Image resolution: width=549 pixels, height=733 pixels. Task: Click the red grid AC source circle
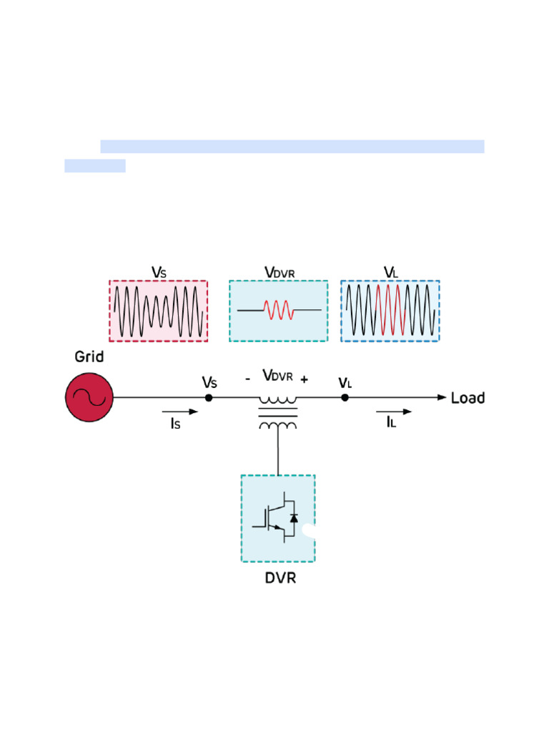tap(89, 397)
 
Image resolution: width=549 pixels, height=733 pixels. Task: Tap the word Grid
tap(89, 356)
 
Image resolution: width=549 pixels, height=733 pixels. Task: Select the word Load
tap(468, 398)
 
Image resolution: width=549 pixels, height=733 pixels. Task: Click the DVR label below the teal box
tap(280, 578)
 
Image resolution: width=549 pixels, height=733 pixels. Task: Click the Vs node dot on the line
tap(209, 397)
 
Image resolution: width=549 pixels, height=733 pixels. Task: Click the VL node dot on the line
tap(345, 397)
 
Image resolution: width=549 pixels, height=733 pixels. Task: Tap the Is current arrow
tap(180, 412)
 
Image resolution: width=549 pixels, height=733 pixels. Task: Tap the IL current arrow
tap(394, 412)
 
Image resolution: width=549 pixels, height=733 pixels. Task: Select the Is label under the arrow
tap(175, 424)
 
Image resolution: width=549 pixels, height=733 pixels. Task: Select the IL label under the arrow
tap(391, 423)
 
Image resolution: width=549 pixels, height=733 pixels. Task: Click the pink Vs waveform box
tap(158, 311)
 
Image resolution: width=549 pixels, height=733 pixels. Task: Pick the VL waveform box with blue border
tap(390, 311)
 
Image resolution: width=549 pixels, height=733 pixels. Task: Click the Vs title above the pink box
tap(159, 273)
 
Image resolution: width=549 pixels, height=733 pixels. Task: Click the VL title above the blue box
tap(390, 273)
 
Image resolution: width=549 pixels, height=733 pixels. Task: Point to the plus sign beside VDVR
tap(305, 380)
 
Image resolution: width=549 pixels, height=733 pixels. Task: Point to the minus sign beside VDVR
tap(247, 379)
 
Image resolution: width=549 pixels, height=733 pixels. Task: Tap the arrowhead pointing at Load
tap(442, 397)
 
